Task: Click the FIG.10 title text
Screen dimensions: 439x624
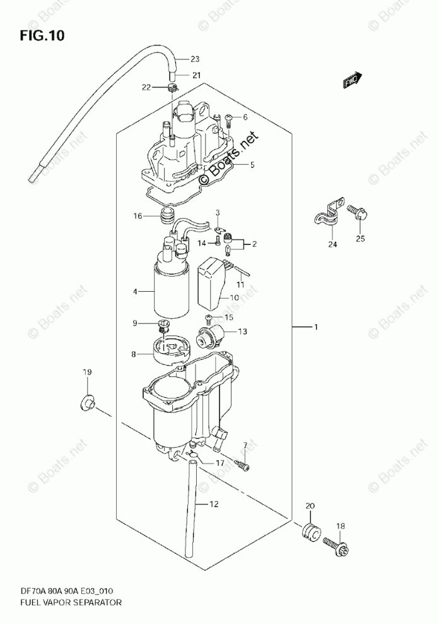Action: tap(42, 35)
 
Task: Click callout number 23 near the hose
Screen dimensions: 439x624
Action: tap(195, 59)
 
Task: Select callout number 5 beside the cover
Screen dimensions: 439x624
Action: tap(252, 165)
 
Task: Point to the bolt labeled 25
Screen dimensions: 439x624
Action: tap(357, 214)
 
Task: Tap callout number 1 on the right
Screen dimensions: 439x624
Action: tap(317, 327)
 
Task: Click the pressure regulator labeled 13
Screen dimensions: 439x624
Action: tap(212, 335)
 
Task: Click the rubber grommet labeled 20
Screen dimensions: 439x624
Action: tap(310, 531)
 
